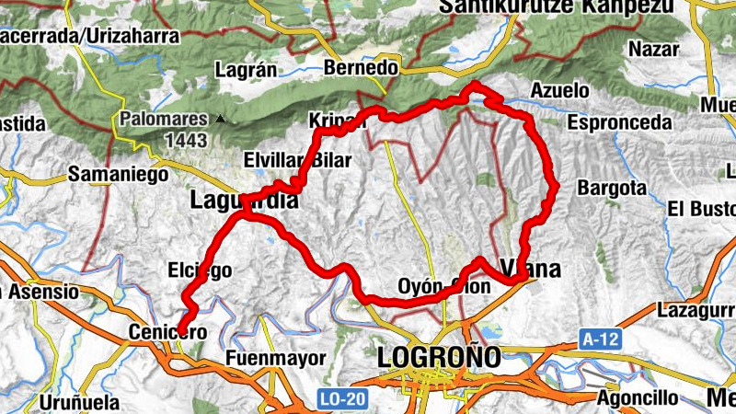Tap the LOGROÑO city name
tap(439, 356)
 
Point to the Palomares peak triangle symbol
tap(220, 119)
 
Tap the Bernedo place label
tap(362, 69)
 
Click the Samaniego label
tap(119, 175)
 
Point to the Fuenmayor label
tap(262, 357)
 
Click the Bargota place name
tap(612, 188)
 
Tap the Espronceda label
tap(619, 121)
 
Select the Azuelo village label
tap(560, 91)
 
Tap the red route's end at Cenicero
tap(181, 332)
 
